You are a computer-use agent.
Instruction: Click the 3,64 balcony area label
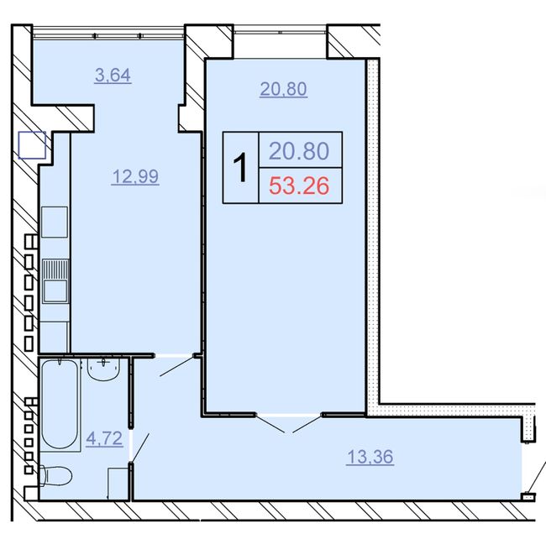pos(113,76)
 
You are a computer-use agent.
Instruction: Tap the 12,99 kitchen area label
pos(135,176)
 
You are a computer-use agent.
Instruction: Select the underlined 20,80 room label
pos(283,89)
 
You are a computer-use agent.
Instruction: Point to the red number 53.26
pos(299,186)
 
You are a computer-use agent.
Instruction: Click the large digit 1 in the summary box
pos(240,167)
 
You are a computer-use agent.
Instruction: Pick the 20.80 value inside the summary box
pos(299,151)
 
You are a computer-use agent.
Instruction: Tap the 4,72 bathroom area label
pos(104,438)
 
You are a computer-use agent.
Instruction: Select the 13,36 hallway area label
pos(370,457)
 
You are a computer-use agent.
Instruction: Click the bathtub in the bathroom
pos(60,405)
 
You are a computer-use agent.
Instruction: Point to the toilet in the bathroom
pos(55,475)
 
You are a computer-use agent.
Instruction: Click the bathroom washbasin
pos(103,369)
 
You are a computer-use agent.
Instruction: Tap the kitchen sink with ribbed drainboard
pos(55,281)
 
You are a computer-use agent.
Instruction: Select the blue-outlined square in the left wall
pos(32,145)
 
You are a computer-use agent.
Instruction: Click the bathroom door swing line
pos(140,448)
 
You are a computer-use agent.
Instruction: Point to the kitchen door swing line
pos(177,366)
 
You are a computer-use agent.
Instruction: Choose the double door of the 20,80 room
pos(289,423)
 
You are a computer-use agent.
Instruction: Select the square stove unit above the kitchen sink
pos(55,222)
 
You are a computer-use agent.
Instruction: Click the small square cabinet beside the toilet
pos(118,484)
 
